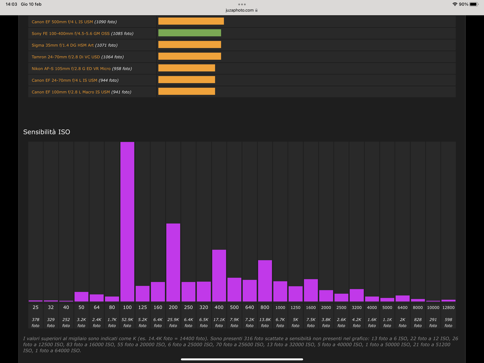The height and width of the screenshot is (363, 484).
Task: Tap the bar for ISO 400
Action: (x=219, y=275)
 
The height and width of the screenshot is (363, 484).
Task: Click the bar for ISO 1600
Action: (x=311, y=290)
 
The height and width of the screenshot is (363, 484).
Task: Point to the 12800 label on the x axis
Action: (x=448, y=308)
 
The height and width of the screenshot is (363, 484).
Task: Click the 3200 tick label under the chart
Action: (x=357, y=308)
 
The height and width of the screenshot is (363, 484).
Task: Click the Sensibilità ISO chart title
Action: (x=47, y=132)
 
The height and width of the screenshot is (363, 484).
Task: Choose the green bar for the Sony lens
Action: (x=190, y=33)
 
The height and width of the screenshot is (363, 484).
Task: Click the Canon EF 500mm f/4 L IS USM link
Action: (x=62, y=22)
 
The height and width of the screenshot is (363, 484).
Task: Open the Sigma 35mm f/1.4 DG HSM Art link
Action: (x=63, y=45)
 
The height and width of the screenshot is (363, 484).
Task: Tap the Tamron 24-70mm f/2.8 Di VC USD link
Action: (x=65, y=57)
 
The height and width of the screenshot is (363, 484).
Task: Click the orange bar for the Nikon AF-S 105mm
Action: (x=186, y=68)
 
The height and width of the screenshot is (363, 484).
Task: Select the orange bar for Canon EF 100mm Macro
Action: (x=186, y=91)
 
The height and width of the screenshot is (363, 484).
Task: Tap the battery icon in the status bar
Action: (x=474, y=4)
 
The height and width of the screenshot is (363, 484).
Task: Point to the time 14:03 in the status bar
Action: (x=11, y=4)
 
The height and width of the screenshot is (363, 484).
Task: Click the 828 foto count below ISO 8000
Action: (x=418, y=322)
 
